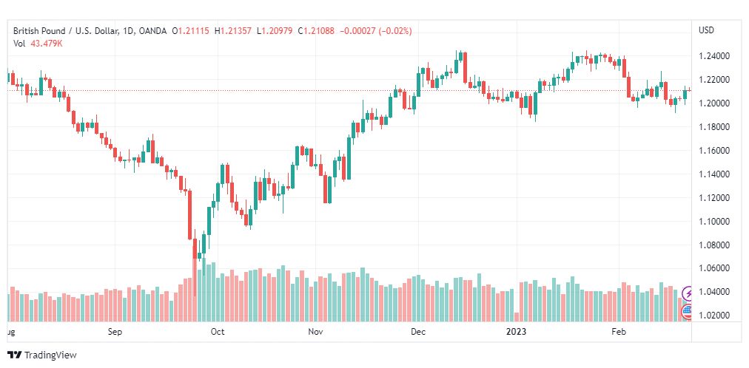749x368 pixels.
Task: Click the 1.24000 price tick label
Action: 713,56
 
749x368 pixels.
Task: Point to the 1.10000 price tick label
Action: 713,222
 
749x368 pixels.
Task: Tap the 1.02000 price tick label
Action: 713,316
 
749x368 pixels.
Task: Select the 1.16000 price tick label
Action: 713,151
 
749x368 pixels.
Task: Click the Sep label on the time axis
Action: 115,332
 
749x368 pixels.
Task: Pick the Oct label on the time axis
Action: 218,332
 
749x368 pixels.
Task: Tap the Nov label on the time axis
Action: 315,332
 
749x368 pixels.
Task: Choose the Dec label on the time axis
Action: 418,332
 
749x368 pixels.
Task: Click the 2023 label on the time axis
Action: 517,332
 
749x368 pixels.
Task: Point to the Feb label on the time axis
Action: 619,332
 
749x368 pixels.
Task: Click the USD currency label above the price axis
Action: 707,30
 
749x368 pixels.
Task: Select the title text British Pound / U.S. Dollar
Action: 64,31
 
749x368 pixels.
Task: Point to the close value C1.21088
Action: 317,31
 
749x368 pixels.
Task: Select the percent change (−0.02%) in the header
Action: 395,31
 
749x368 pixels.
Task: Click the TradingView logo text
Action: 50,355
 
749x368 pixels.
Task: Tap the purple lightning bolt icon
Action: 688,293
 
